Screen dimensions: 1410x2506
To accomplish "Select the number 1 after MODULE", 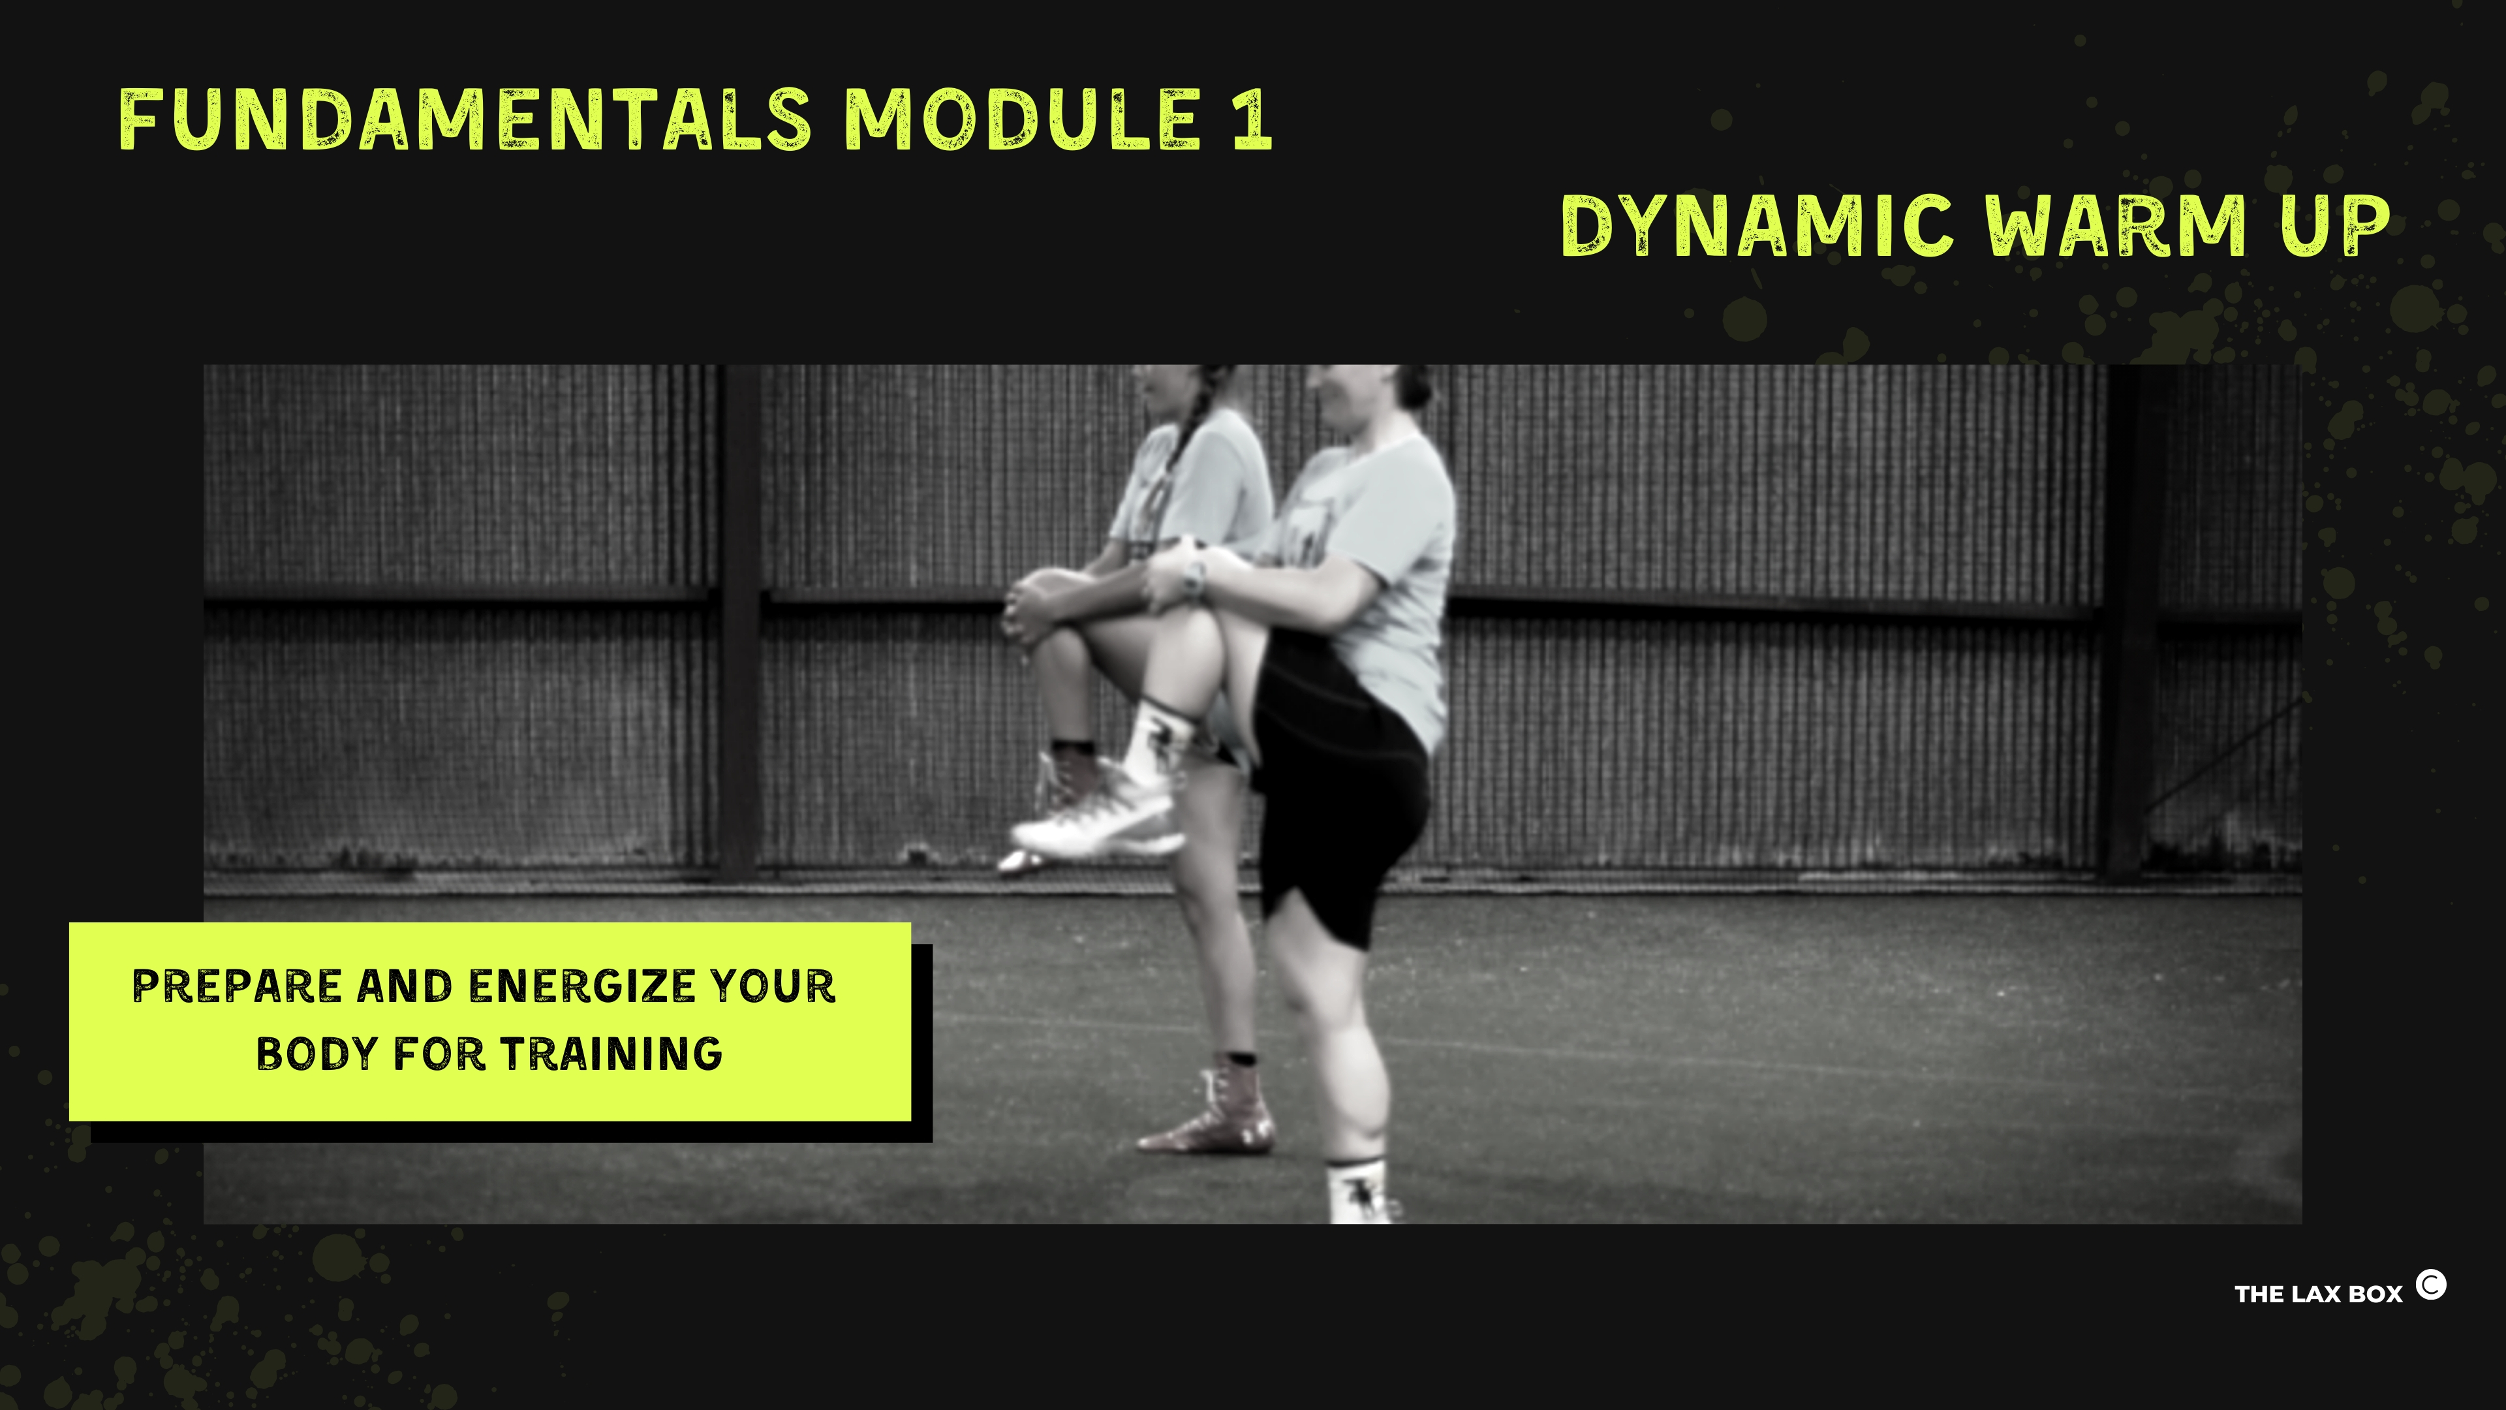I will point(1252,119).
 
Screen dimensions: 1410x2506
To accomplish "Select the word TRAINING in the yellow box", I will point(612,1054).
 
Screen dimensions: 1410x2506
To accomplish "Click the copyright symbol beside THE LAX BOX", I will point(2431,1285).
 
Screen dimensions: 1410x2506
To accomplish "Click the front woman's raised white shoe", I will point(1099,817).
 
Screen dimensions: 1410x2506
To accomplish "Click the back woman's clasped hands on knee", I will point(1027,603).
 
